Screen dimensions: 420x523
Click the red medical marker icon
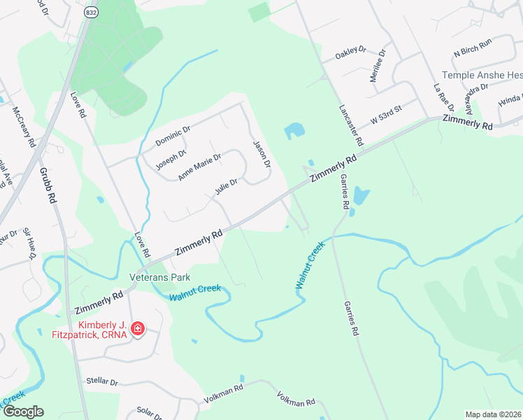[138, 328]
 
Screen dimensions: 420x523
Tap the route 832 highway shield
[92, 13]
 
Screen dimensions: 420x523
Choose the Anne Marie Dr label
[199, 167]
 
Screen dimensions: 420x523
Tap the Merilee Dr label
[378, 66]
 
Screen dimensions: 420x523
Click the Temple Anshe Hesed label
[482, 75]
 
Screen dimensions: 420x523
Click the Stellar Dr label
[102, 381]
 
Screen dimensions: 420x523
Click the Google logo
[23, 411]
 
